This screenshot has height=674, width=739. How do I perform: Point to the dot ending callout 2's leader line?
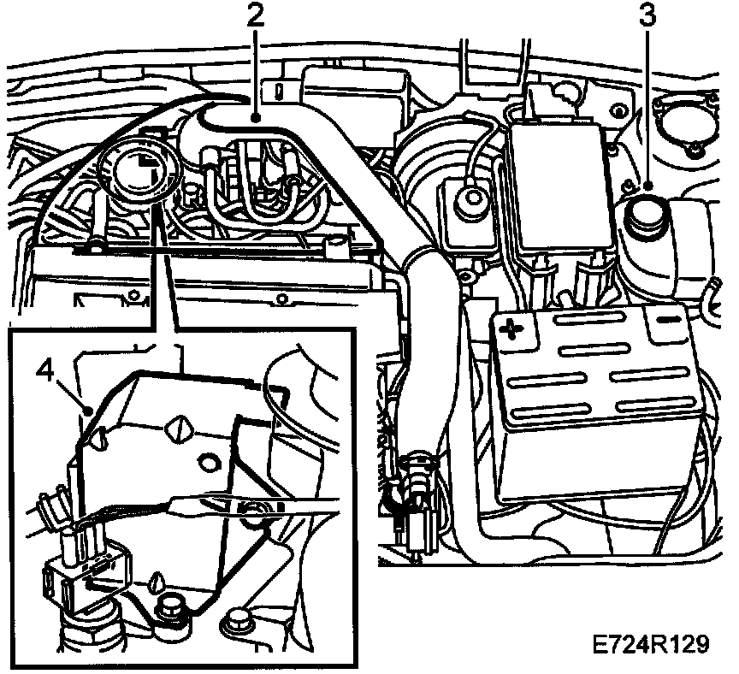(x=254, y=121)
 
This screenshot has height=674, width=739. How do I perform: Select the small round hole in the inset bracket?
(x=205, y=463)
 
